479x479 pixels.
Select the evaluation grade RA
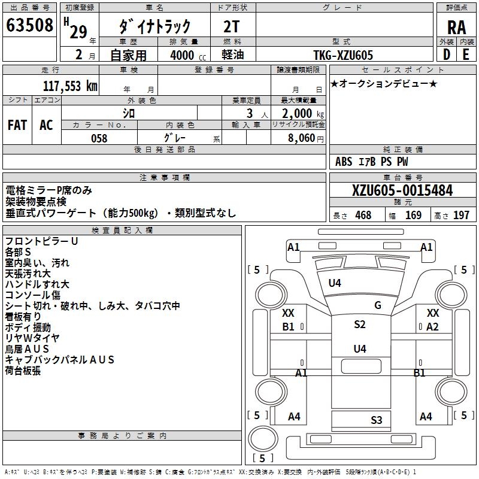click(x=456, y=27)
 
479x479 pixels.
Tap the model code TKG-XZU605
click(x=343, y=55)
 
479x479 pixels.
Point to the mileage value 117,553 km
click(x=70, y=86)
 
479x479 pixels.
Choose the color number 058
click(x=99, y=138)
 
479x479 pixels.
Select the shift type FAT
click(x=17, y=125)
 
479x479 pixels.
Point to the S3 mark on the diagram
click(x=376, y=420)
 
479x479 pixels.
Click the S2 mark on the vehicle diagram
click(x=359, y=325)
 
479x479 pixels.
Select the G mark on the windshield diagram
click(x=378, y=305)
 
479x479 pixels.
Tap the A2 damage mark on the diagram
click(x=432, y=326)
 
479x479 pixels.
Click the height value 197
click(x=462, y=216)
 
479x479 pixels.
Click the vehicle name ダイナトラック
click(x=155, y=26)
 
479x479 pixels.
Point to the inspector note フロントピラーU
click(x=41, y=241)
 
